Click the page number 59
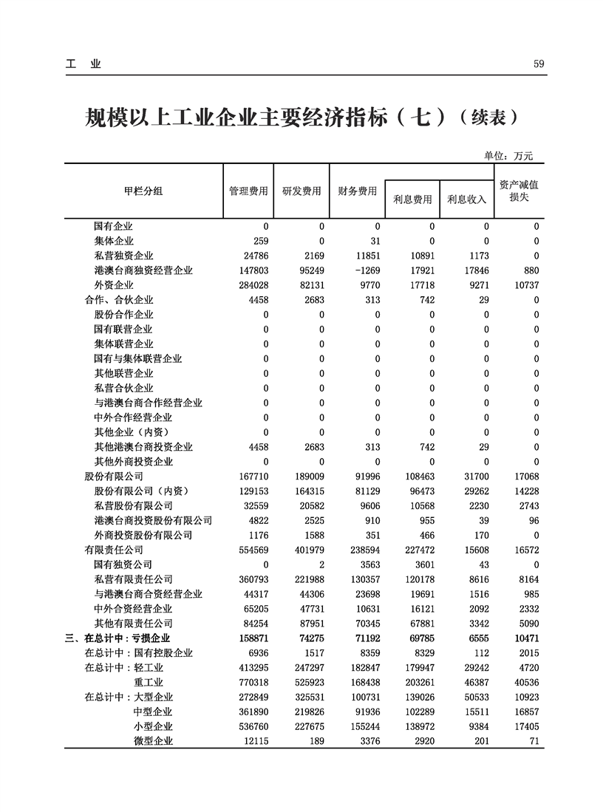[539, 64]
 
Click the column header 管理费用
[248, 191]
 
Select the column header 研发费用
[302, 191]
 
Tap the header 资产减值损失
[519, 191]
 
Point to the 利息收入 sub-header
[467, 199]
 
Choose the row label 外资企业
[114, 285]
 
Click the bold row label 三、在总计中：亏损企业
[117, 638]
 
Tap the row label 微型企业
[153, 741]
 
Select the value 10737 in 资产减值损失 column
[527, 285]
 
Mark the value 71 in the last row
[534, 741]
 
